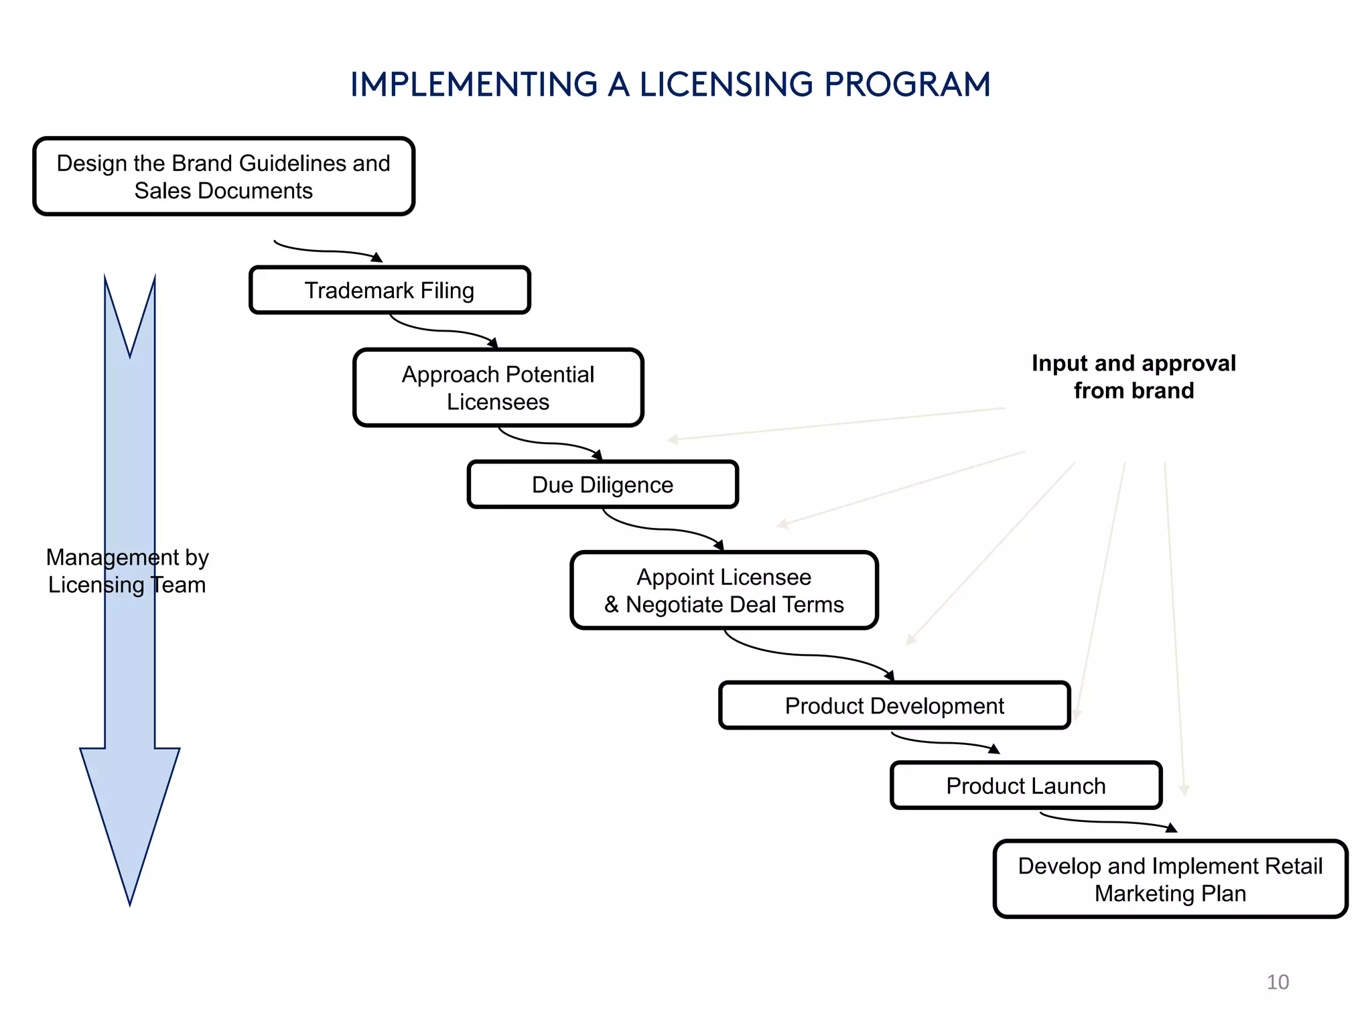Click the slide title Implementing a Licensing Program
670,84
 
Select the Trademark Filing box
390,290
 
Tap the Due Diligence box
603,484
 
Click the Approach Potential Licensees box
498,388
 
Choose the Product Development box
894,705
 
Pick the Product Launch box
1026,785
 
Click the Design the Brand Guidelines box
224,176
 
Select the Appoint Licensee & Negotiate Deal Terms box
724,590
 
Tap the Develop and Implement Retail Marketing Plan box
1170,879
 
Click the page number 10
1278,982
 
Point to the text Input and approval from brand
1134,377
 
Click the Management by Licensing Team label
127,571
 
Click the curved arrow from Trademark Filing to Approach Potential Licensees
442,330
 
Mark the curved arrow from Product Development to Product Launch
945,742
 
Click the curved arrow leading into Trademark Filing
328,251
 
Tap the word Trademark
359,291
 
